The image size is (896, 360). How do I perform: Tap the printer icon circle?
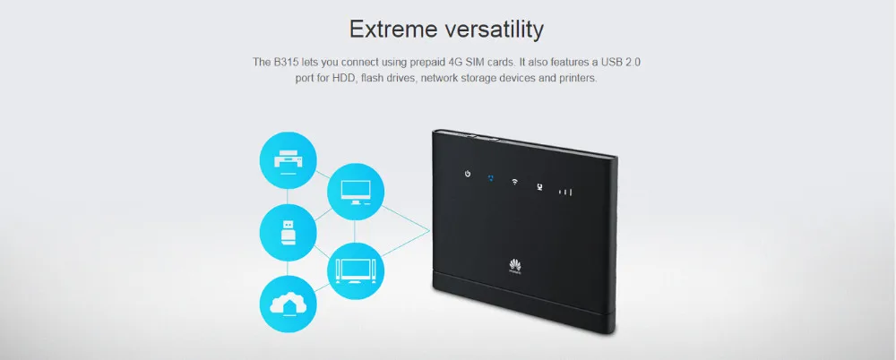(x=288, y=159)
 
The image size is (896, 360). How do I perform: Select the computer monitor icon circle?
(x=356, y=192)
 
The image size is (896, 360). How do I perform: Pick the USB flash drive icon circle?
(x=288, y=233)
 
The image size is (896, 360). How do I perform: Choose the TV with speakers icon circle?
(x=356, y=270)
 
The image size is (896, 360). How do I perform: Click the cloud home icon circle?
(x=288, y=304)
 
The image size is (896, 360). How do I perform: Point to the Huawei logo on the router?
(x=515, y=266)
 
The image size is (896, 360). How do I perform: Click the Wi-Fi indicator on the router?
(x=514, y=183)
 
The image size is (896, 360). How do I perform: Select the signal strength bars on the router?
(x=565, y=192)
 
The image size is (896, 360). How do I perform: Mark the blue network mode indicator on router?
(x=491, y=178)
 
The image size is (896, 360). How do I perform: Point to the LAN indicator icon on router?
(x=538, y=187)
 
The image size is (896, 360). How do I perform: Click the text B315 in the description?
(x=286, y=63)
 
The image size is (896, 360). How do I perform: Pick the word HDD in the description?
(x=345, y=78)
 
